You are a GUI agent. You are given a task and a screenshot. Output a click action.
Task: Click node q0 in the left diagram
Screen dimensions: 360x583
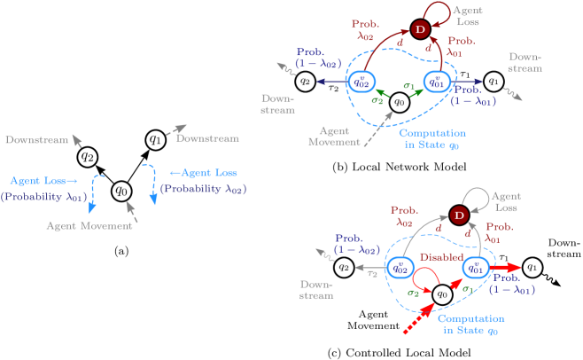click(122, 190)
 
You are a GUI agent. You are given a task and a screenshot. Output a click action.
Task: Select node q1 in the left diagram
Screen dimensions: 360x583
click(156, 139)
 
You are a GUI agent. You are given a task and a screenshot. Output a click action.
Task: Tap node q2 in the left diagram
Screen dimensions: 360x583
click(87, 156)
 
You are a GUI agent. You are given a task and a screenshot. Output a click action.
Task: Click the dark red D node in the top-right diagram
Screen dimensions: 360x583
click(420, 30)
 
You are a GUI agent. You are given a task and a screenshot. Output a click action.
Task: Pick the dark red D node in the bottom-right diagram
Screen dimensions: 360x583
click(458, 215)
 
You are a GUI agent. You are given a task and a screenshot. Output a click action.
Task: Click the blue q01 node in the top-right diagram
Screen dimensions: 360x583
click(435, 82)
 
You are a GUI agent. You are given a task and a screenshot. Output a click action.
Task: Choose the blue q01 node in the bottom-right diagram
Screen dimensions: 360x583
click(474, 267)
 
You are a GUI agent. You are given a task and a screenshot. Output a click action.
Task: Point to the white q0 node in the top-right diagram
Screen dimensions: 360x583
click(400, 102)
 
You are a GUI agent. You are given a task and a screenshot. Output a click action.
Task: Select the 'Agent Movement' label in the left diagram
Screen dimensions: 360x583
click(89, 226)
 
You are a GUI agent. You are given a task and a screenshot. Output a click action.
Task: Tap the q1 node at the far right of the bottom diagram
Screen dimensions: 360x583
click(532, 266)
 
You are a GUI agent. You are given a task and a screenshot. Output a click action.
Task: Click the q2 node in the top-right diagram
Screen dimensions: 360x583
click(305, 82)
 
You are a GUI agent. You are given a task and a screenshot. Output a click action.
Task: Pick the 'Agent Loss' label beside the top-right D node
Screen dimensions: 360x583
click(468, 16)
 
